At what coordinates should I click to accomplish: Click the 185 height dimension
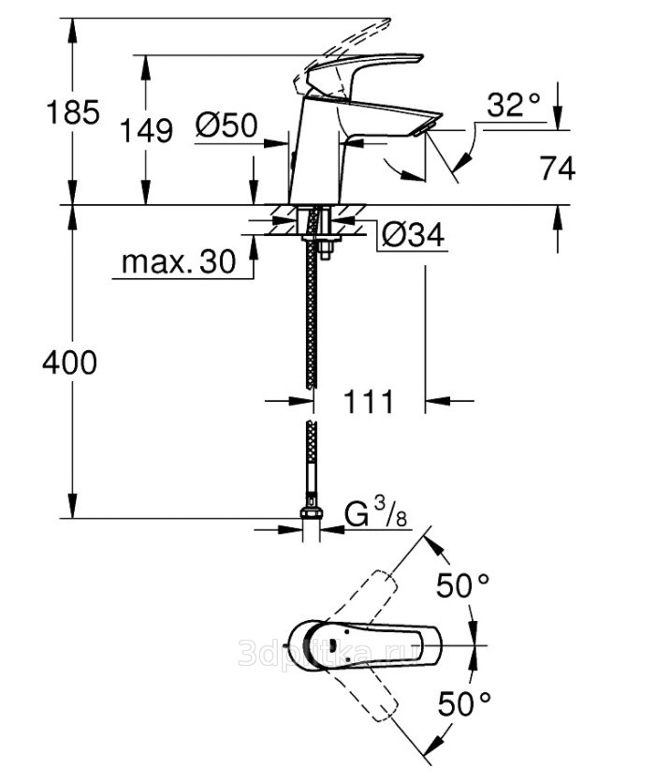point(73,112)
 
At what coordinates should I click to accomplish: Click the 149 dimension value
point(147,131)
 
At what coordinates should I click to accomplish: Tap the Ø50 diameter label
point(226,125)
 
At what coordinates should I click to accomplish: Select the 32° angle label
point(514,105)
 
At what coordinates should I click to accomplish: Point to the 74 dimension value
point(558,169)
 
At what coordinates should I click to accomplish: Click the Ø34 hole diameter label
point(413,234)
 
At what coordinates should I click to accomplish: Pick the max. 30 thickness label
point(179,261)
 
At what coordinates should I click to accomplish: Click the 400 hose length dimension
point(70,362)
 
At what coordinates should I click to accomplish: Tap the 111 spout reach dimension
point(369,401)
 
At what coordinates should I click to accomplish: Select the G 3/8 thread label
point(376,513)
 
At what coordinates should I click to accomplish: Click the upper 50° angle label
point(463,584)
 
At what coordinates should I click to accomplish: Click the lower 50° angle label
point(464,703)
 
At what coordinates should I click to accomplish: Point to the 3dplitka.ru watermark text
point(319,653)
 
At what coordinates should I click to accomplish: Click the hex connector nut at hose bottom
point(312,513)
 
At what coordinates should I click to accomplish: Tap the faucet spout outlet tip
point(428,126)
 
